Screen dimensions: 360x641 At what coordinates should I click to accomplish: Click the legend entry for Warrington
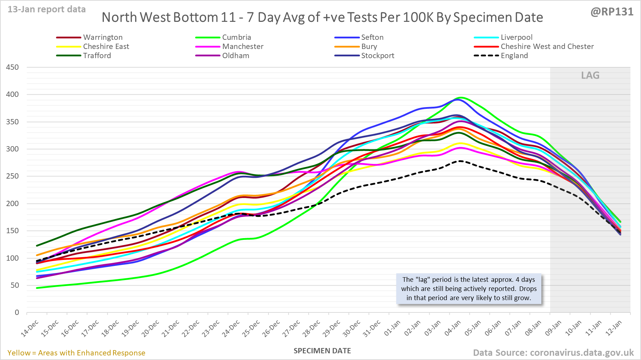[x=102, y=37]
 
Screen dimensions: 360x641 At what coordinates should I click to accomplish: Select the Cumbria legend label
[x=236, y=37]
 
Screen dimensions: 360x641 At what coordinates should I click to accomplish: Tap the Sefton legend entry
[x=372, y=37]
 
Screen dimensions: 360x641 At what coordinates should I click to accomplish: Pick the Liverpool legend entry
[x=516, y=37]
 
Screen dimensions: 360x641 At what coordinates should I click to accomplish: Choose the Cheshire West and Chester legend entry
[x=547, y=46]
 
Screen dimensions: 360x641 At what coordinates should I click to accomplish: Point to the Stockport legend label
[x=378, y=56]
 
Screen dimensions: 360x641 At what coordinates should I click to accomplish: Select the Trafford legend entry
[x=97, y=56]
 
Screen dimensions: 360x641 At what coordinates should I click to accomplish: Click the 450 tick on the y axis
[x=12, y=67]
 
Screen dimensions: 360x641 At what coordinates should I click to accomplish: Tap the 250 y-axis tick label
[x=12, y=176]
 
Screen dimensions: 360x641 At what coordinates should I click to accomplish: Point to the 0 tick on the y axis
[x=17, y=312]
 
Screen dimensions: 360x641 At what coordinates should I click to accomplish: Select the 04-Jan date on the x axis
[x=453, y=329]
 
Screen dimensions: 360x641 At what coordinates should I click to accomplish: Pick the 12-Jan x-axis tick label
[x=614, y=329]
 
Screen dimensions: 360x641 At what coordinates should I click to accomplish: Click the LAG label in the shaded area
[x=590, y=75]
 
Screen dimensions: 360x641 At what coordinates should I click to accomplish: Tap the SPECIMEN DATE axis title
[x=322, y=351]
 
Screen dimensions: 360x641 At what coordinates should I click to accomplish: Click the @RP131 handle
[x=612, y=12]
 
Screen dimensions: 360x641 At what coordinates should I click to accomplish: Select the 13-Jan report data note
[x=46, y=10]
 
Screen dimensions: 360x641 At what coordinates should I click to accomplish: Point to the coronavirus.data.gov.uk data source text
[x=581, y=353]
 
